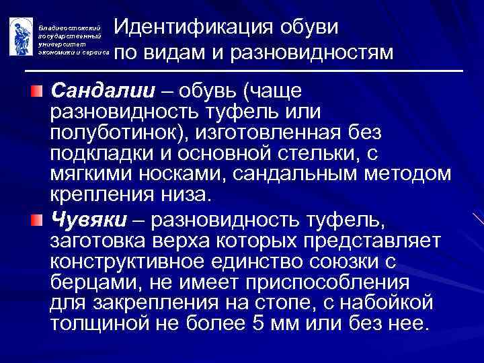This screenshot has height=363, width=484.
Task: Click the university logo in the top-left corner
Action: [21, 36]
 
